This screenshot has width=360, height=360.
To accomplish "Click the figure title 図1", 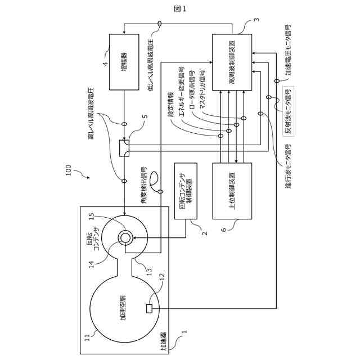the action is click(180, 8).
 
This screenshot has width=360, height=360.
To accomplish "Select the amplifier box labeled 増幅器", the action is click(124, 62).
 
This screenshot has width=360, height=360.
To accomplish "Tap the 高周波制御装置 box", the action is click(232, 62).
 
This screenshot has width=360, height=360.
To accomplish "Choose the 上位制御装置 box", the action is click(232, 191).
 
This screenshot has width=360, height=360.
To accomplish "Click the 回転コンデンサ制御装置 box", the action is click(186, 191).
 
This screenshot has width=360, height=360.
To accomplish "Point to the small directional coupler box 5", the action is click(124, 148).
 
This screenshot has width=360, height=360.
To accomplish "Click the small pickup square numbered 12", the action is click(149, 308).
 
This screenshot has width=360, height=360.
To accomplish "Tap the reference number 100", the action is click(69, 170).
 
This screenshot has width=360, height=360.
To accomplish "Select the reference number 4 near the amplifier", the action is click(105, 64).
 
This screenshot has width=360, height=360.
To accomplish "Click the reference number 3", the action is click(256, 19).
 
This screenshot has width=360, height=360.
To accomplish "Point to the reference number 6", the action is click(224, 229).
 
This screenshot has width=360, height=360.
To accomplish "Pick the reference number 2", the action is click(205, 233).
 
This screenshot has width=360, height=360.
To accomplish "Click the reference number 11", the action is click(87, 337).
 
